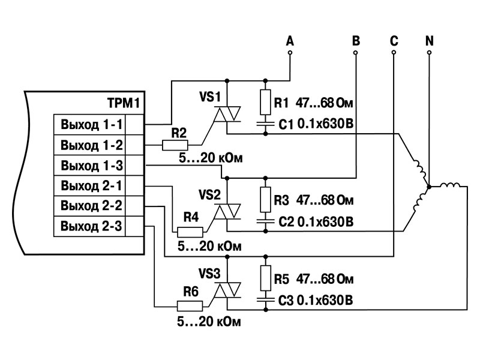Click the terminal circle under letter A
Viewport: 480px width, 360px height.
tap(290, 53)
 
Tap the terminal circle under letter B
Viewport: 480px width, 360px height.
tap(355, 53)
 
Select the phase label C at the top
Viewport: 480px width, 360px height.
tap(394, 41)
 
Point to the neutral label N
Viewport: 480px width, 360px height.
tap(430, 41)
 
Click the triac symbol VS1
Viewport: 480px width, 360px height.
tap(227, 114)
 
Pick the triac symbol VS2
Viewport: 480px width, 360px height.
tap(227, 212)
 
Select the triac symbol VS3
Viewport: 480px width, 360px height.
tap(227, 290)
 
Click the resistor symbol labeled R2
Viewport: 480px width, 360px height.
tap(175, 145)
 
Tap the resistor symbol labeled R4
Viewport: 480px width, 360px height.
tap(190, 232)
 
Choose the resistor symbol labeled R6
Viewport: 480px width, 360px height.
tap(190, 305)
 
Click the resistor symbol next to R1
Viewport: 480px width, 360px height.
tap(265, 102)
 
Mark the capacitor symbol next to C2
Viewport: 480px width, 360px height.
tap(265, 221)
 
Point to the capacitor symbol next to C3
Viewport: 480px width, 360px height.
tap(265, 299)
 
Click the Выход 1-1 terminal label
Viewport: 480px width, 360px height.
tap(92, 125)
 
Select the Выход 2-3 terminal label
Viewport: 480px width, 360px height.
tap(92, 226)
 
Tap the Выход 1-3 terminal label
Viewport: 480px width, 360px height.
tap(92, 166)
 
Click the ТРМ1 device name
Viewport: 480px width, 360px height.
tap(124, 103)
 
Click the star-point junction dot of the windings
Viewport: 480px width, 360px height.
tap(429, 187)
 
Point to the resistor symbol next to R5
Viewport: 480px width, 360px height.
tap(265, 278)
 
